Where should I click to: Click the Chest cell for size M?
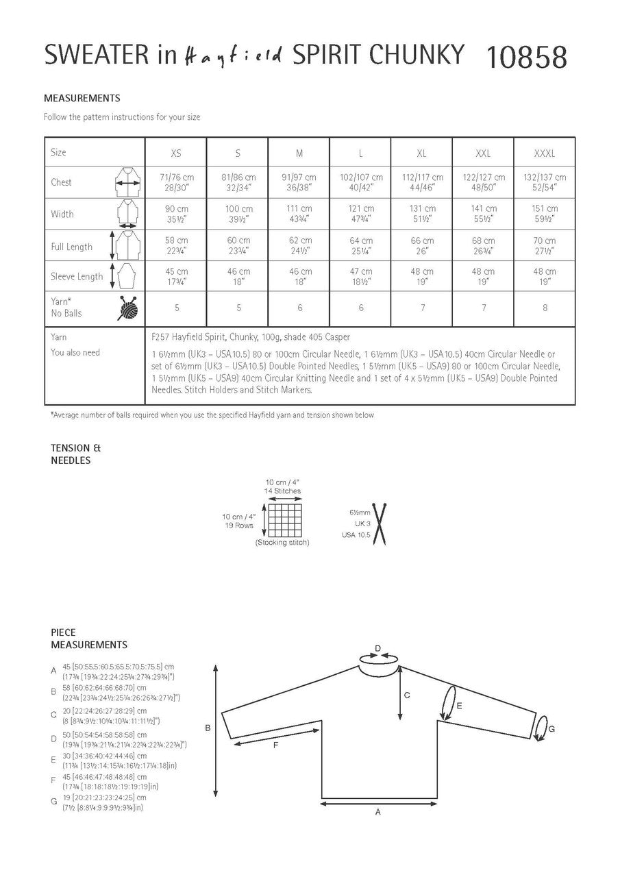(299, 182)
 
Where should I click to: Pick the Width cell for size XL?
(421, 214)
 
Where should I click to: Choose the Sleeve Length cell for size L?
(360, 277)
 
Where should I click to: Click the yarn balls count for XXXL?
(545, 308)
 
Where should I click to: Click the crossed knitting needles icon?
(375, 526)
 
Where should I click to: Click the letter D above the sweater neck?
(377, 647)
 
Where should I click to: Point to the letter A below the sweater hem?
(377, 812)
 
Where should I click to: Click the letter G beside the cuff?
(552, 729)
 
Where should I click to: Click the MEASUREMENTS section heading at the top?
(82, 98)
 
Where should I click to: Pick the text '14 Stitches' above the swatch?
(283, 491)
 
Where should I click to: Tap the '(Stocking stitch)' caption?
(282, 543)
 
